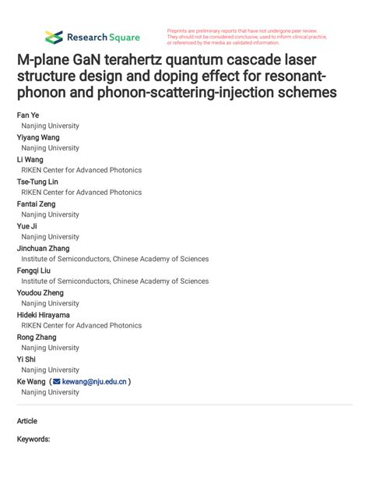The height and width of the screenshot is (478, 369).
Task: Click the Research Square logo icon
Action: [x=54, y=37]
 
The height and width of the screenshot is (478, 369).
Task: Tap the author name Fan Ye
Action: [x=29, y=115]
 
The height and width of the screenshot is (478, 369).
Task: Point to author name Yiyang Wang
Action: [x=38, y=137]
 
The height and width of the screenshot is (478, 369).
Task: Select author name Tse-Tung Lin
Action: [x=39, y=182]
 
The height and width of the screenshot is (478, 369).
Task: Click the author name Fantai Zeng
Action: [x=37, y=204]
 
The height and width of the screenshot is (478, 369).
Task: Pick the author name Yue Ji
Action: [x=28, y=226]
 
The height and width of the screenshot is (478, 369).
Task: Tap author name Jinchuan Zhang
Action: [x=44, y=248]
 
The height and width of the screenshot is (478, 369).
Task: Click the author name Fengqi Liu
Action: [x=36, y=271]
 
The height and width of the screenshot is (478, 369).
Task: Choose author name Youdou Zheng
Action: [x=40, y=292]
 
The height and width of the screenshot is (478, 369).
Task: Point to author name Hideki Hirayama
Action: [x=44, y=315]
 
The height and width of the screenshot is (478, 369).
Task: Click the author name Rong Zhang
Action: [x=37, y=337]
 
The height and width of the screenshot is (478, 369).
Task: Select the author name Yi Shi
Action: [x=26, y=359]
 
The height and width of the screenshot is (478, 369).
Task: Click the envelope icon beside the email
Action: [x=56, y=382]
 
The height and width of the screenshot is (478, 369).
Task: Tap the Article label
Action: [x=27, y=420]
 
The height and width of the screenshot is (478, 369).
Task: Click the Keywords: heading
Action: [x=33, y=440]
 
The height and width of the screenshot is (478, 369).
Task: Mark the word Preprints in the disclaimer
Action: [x=178, y=30]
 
